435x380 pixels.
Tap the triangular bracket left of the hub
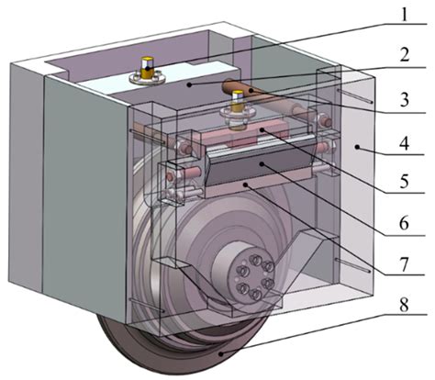tap(184, 280)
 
